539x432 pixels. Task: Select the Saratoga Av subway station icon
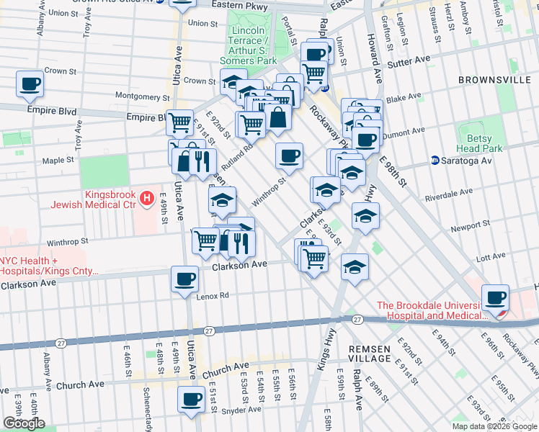coord(435,161)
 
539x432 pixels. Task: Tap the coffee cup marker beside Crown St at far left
coord(30,84)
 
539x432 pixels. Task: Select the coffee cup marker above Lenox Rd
coord(185,279)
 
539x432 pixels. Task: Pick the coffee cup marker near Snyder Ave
coord(191,399)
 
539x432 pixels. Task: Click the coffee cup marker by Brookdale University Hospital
coord(495,297)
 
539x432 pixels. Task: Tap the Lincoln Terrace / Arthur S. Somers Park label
coord(252,45)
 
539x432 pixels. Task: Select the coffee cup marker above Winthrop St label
coord(289,156)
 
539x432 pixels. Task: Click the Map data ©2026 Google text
coord(494,426)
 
